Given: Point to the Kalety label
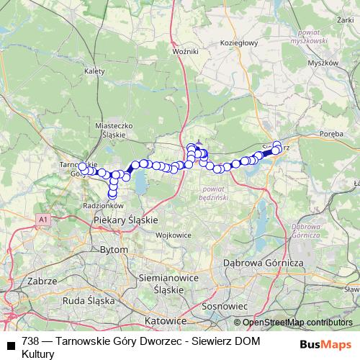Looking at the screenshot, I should tap(94, 71).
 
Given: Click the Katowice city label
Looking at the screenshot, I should tap(165, 320).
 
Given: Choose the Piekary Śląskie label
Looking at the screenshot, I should tap(126, 220).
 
